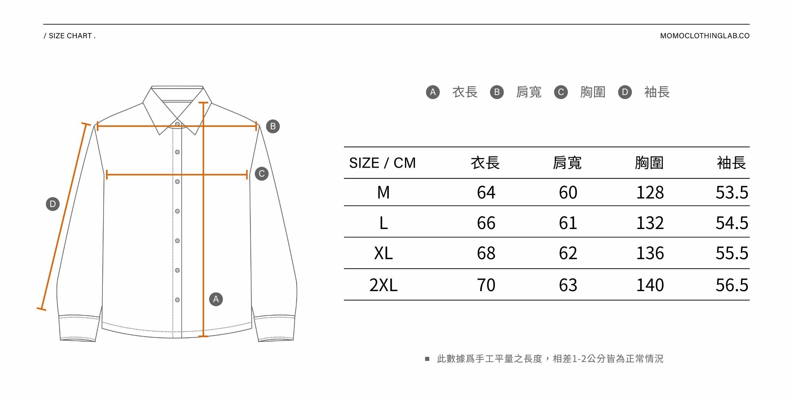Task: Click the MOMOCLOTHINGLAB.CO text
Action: pos(705,36)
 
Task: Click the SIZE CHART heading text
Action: pos(70,36)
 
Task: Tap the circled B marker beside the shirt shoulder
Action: pos(273,126)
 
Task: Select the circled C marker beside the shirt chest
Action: pos(262,174)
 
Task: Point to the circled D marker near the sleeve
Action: pos(52,204)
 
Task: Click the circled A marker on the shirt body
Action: pos(216,299)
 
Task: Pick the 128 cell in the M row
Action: pos(650,193)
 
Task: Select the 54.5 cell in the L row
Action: pos(732,223)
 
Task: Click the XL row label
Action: pos(383,253)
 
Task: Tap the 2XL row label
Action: pos(383,285)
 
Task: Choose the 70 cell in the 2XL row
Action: pos(486,285)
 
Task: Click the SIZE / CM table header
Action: pos(382,163)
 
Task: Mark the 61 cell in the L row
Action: pos(568,223)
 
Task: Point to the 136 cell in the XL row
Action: pos(650,253)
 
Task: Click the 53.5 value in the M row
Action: pos(732,193)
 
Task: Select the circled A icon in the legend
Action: pos(433,92)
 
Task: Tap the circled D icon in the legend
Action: pos(625,92)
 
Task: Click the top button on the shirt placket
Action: pos(177,124)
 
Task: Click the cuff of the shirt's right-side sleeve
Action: pos(275,328)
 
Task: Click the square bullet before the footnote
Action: pos(427,359)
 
